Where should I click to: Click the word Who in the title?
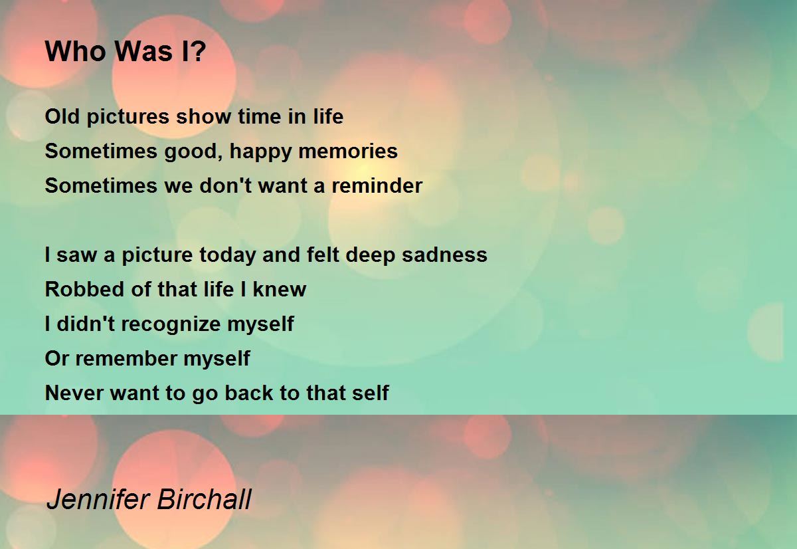[76, 51]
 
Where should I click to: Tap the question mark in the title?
[199, 51]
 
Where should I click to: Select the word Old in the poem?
[62, 116]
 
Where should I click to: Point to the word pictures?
[128, 118]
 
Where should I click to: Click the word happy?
[260, 152]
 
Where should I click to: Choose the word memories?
[348, 151]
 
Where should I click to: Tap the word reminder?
[377, 185]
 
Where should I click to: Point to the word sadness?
[444, 255]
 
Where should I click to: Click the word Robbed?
[85, 289]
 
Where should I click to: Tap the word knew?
[280, 289]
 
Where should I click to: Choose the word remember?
[126, 358]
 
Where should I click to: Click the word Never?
[74, 393]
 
